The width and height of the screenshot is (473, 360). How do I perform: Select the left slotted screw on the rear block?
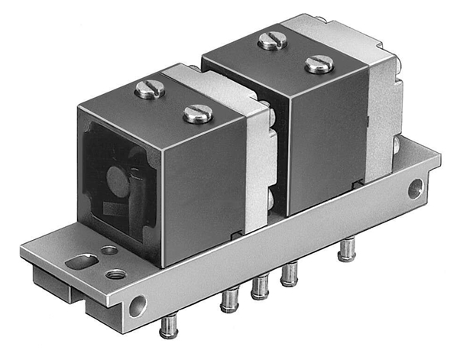point(272,41)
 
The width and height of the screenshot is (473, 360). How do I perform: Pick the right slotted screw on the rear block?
point(319,64)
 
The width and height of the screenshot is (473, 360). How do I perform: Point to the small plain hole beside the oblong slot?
point(109,250)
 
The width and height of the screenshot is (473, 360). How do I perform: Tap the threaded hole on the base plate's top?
point(115,273)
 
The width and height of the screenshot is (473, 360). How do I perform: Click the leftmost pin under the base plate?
point(168,327)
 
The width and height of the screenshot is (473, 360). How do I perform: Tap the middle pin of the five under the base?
point(260,287)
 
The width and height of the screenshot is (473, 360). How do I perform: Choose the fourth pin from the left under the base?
point(290,274)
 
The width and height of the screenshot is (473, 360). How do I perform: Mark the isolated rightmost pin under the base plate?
point(348,248)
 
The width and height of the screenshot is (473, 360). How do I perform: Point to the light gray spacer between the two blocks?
point(260,153)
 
